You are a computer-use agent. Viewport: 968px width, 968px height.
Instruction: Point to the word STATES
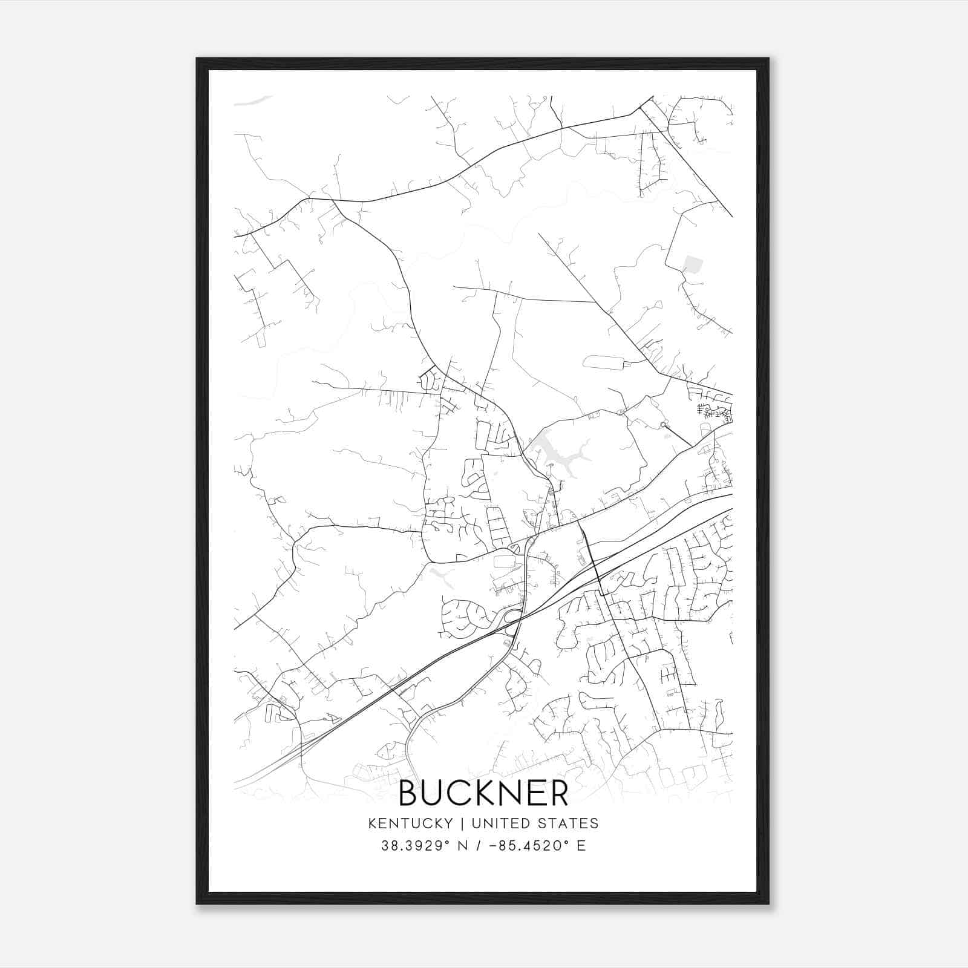[569, 823]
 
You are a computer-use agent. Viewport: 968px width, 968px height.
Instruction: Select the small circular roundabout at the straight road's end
[663, 425]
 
